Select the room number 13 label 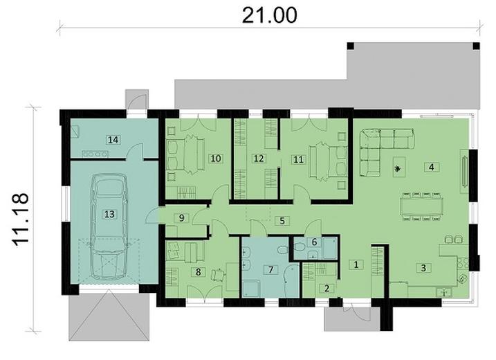(109, 215)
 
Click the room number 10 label (215, 159)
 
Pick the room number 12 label (258, 159)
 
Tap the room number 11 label (298, 159)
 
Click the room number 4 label (431, 167)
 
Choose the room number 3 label (421, 267)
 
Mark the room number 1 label (357, 264)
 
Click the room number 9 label (181, 218)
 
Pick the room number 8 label (199, 272)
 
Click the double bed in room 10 (181, 154)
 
